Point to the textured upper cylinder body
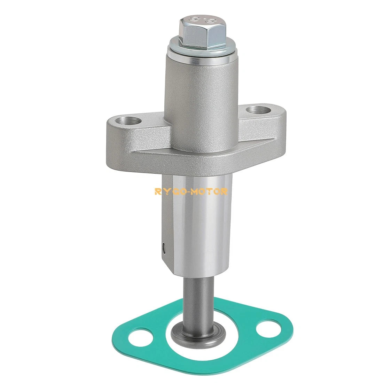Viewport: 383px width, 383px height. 202,103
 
